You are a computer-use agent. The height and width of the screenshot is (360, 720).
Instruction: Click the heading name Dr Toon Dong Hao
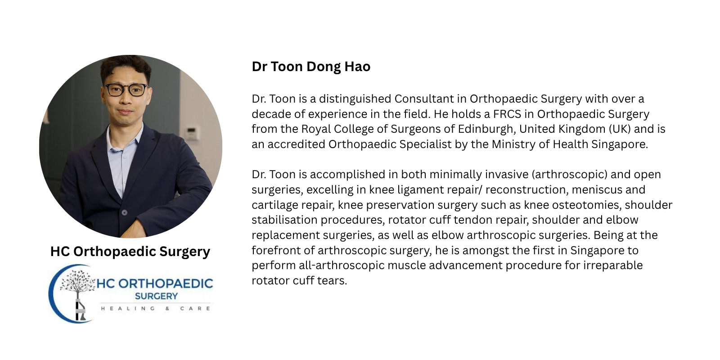(311, 67)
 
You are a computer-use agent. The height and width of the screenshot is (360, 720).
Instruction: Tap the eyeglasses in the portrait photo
(126, 90)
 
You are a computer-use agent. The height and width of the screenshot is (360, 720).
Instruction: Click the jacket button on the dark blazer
(124, 212)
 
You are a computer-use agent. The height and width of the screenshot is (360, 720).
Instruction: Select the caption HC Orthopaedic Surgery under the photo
(130, 252)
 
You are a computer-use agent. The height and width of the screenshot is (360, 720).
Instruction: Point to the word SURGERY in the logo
(156, 296)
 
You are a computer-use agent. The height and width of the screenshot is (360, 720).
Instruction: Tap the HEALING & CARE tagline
(156, 309)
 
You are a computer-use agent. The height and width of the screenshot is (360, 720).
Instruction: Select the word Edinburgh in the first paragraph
(486, 129)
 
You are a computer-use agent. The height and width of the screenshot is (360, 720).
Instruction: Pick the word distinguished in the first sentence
(355, 99)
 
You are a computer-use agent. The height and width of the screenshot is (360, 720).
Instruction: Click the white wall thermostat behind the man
(192, 133)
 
